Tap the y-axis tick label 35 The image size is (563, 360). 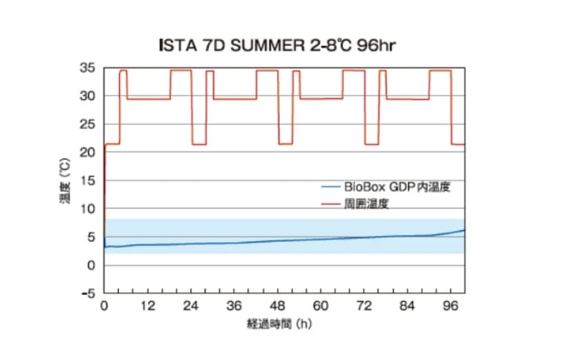click(90, 68)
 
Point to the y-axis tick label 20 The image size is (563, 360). click(90, 153)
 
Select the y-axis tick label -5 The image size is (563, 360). click(90, 293)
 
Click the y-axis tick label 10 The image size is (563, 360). click(90, 209)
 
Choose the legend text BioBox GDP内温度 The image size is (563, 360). click(396, 187)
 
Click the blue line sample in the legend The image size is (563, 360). click(330, 188)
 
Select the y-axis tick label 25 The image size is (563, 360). click(90, 124)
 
